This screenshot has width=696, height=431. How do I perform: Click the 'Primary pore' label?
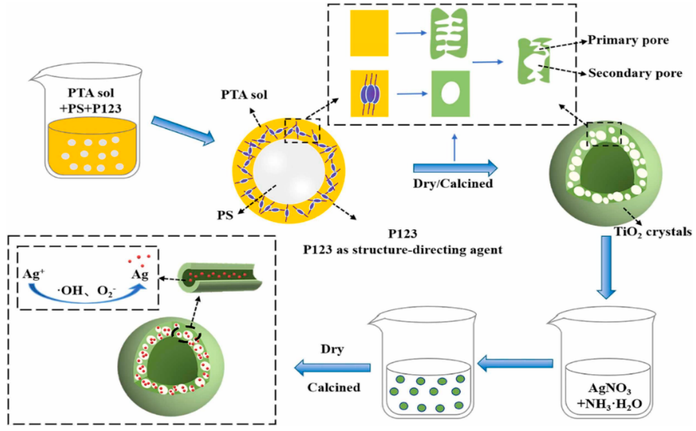[x=628, y=40]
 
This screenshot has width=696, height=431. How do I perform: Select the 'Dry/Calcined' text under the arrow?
[x=453, y=183]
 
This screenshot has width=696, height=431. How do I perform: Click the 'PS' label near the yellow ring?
[x=225, y=215]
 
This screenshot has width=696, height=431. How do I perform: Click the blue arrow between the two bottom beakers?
[x=515, y=363]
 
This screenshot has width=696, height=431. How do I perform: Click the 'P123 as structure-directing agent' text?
[x=402, y=250]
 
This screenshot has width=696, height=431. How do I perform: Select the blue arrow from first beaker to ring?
[x=182, y=130]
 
